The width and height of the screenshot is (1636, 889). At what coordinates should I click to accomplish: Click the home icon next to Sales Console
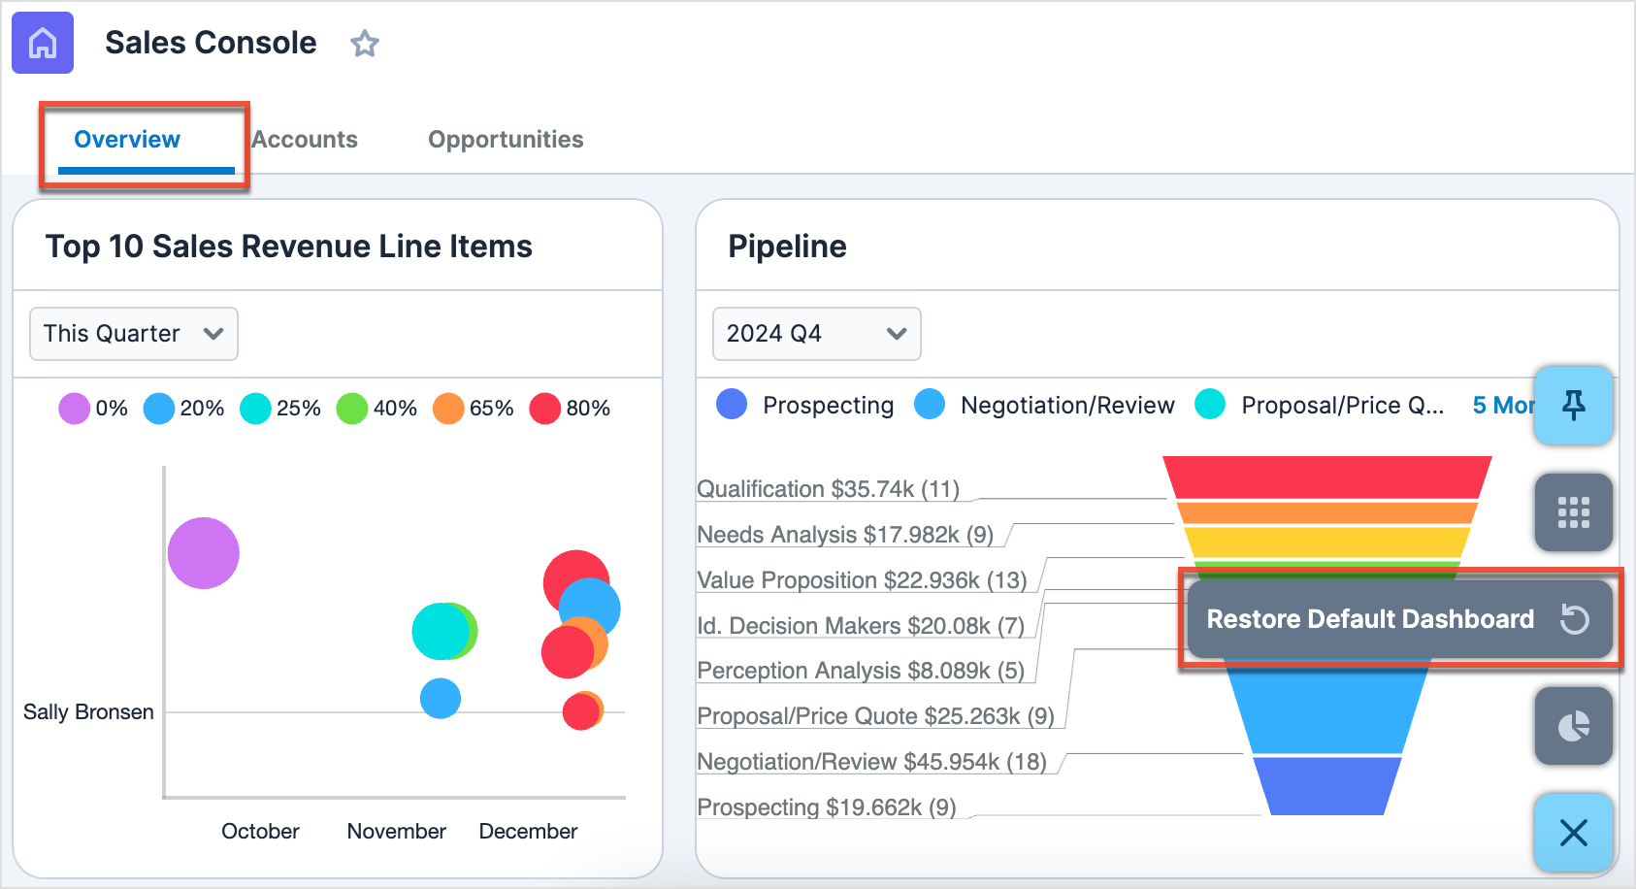(43, 43)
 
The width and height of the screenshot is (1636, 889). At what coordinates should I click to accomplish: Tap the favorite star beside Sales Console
(365, 44)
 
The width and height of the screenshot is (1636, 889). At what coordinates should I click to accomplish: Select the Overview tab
(127, 140)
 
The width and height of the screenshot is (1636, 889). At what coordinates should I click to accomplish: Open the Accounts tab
(305, 140)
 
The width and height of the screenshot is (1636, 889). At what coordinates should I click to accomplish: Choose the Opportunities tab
(506, 140)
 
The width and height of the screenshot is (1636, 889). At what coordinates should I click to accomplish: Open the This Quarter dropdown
(134, 334)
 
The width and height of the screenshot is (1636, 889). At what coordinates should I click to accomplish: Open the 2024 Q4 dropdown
(816, 334)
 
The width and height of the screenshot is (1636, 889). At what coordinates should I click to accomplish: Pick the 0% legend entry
(93, 409)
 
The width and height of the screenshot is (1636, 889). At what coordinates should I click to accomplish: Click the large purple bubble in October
(203, 553)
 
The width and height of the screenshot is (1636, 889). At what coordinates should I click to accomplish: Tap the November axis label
(396, 832)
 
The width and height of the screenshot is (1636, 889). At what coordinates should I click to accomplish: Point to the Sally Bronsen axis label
(88, 712)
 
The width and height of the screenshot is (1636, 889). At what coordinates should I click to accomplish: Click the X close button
(1573, 832)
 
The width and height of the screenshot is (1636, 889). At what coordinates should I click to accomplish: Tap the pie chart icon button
(1573, 726)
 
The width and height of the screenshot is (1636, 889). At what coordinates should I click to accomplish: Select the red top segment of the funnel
(1326, 477)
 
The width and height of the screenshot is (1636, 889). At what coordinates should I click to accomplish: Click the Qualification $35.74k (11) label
(828, 489)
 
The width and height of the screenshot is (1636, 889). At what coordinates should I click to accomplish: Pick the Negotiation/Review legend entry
(1045, 406)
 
